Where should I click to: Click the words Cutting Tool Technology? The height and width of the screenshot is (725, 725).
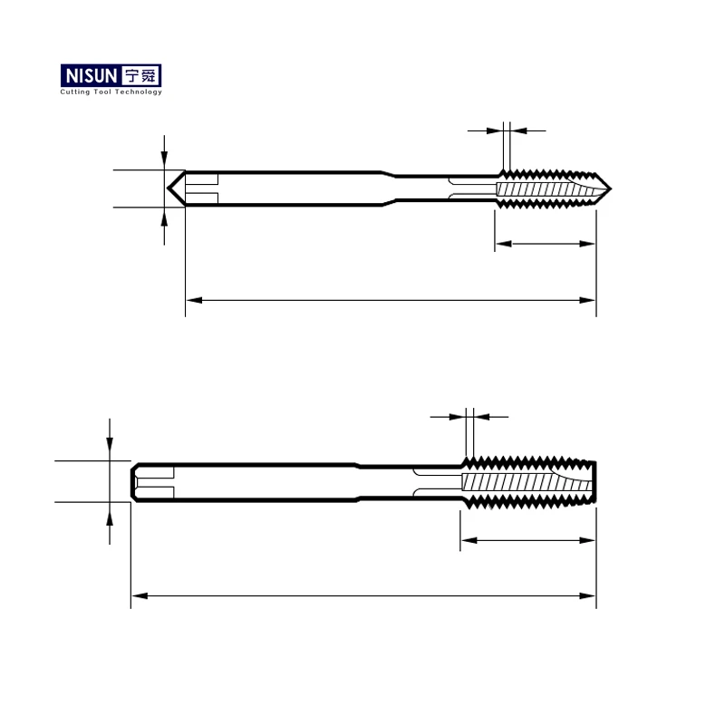coord(111,92)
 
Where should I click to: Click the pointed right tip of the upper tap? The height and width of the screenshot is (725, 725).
coord(612,188)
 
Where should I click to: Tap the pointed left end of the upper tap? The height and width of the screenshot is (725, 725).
coord(169,188)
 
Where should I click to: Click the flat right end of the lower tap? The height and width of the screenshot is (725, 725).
coord(595,481)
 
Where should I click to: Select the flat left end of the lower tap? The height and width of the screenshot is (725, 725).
coord(132,481)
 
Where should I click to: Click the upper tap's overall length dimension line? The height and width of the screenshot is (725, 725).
coord(390,298)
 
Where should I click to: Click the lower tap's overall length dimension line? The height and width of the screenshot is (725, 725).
coord(362,595)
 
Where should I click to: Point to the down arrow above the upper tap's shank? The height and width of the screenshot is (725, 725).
coord(164,157)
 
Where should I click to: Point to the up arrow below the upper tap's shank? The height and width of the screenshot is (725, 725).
coord(164,220)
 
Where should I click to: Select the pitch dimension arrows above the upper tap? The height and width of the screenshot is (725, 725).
coord(507,131)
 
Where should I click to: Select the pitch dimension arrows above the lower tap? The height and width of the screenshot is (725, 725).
coord(469,417)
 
